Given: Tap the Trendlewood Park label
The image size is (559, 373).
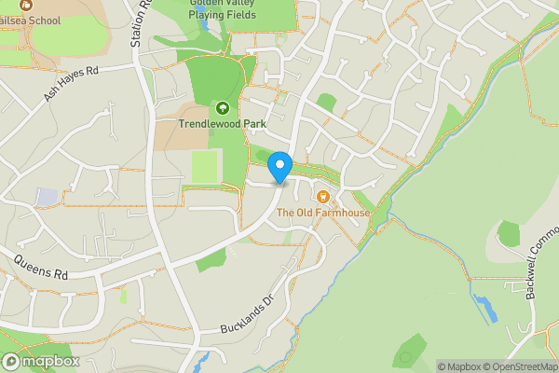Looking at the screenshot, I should point(223,123).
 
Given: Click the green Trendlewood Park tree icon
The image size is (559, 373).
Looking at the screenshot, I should point(223,108).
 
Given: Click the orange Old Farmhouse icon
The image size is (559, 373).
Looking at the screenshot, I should point(323,197).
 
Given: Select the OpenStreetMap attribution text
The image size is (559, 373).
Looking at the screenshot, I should point(522,366).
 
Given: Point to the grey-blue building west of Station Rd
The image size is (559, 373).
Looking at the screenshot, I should point(48,197).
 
